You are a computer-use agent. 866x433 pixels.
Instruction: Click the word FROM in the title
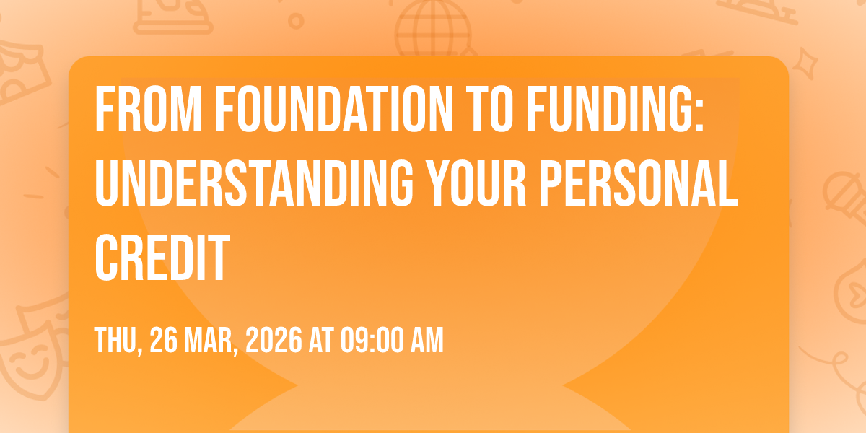point(148,109)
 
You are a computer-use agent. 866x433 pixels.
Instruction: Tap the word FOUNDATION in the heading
point(334,109)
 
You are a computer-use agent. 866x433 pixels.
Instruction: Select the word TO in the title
point(489,109)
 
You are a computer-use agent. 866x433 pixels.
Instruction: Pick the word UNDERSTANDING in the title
point(254,183)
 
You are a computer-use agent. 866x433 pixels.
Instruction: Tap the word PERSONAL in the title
point(639,183)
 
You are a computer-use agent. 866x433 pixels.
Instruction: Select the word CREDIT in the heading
point(162,257)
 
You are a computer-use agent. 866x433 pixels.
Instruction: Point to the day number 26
point(163,340)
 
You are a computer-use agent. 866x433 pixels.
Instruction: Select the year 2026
point(274,340)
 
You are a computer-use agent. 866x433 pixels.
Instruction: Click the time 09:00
point(372,340)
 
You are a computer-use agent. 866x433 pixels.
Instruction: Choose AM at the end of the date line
point(427,340)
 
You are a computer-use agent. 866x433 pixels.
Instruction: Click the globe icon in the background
point(434,28)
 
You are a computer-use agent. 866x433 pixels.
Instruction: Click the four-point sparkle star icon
point(805,64)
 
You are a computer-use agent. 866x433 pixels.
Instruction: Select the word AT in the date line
point(321,340)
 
